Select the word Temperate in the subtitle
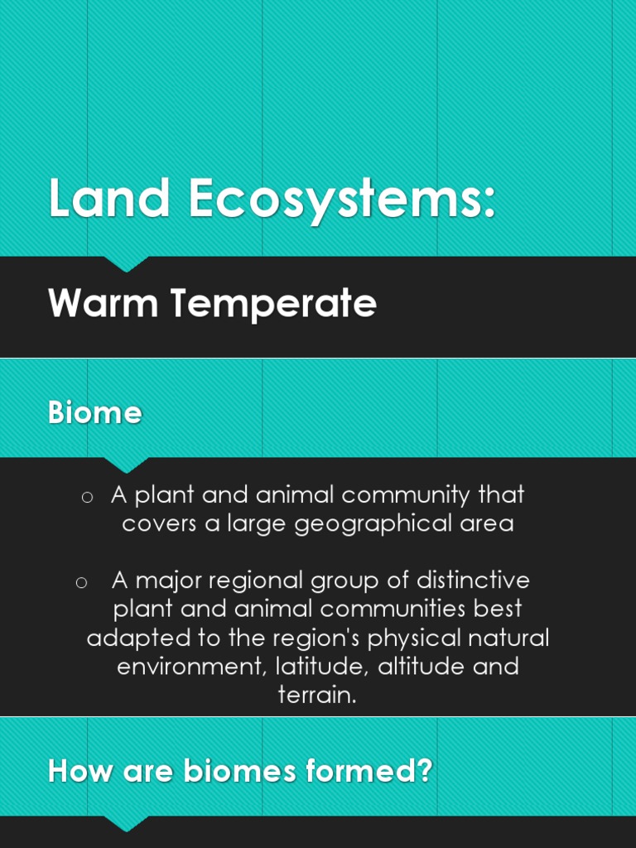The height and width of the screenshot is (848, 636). tap(273, 305)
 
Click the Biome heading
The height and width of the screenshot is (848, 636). tap(94, 412)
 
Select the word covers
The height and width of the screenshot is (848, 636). tap(159, 524)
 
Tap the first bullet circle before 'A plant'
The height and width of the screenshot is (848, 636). tap(86, 497)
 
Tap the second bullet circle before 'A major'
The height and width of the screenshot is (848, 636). tap(81, 582)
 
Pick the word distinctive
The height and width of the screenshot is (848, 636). tap(473, 580)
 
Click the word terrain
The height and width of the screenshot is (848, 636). tap(317, 695)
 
